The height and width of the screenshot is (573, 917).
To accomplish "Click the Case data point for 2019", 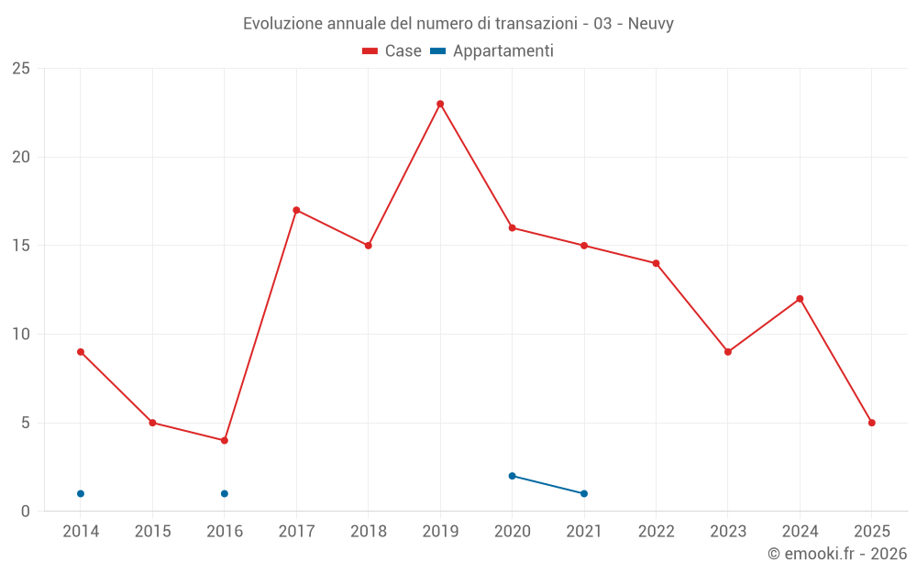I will point(440,104).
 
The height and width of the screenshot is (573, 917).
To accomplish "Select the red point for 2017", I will point(296,210).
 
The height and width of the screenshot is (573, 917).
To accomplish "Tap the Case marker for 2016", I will point(225,440).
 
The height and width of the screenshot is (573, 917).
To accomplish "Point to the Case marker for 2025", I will point(872,423).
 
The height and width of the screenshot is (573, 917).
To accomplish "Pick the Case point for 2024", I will point(800,299).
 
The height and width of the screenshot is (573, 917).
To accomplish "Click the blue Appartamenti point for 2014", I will point(81,493).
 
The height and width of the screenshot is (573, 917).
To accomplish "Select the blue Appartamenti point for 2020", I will point(513,476).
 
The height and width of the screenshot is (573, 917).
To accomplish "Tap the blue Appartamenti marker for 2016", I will point(225,493).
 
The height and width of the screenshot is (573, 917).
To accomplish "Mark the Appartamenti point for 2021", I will point(584,493).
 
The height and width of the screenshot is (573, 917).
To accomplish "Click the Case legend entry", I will point(392,51).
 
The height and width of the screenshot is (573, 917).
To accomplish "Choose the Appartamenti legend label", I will point(503,51).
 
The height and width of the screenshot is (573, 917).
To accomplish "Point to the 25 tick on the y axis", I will point(20,69).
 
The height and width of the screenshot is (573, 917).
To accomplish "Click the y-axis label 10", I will point(20,335).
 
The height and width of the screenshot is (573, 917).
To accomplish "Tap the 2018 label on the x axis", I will point(369,532).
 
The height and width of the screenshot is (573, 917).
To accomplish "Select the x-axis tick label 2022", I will point(657,532).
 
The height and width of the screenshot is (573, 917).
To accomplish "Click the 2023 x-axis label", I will point(728,532).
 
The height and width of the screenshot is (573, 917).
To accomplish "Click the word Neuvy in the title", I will point(651,24).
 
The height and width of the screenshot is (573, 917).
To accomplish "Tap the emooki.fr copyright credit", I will point(836,554).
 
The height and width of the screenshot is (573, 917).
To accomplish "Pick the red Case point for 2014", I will point(81,352).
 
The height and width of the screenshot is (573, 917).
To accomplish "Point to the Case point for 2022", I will point(657,263).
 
